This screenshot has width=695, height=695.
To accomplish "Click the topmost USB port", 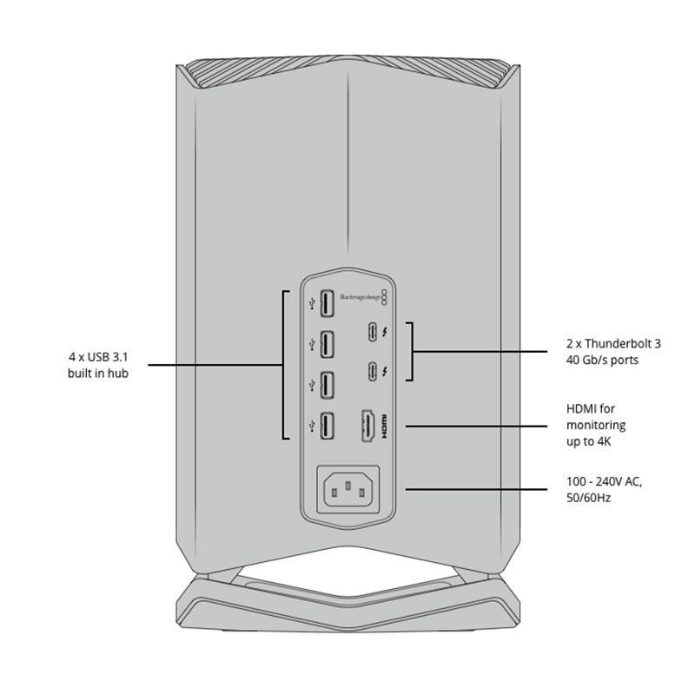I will click(328, 304).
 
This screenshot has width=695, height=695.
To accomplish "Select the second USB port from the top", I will click(328, 345).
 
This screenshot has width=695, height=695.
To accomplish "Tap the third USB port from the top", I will click(328, 386).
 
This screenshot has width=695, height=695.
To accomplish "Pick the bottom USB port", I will click(328, 426).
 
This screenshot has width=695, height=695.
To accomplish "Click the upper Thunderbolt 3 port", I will click(371, 333).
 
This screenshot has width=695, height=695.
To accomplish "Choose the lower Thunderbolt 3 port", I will click(371, 371).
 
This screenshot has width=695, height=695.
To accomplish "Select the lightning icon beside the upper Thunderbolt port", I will click(386, 333).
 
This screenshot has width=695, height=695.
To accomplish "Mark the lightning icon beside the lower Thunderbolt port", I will click(386, 371).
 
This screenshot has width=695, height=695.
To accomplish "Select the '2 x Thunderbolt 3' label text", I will click(613, 343).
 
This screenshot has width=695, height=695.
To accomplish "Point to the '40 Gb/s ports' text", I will click(603, 360).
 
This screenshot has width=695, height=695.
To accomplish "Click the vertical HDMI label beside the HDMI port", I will click(388, 426).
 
